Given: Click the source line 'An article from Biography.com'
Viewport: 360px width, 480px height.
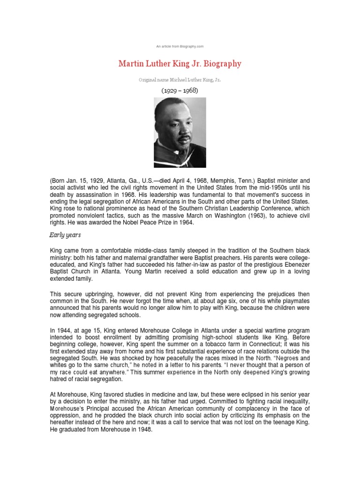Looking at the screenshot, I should (x=180, y=46).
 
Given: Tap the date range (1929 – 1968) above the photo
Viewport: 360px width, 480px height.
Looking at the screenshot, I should (x=180, y=90).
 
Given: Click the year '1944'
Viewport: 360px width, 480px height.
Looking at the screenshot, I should (x=65, y=331).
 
